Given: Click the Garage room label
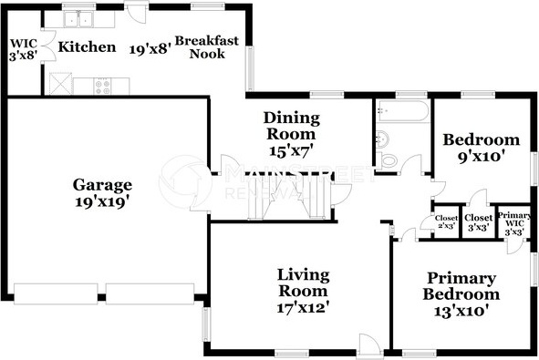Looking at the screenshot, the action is click(102, 185).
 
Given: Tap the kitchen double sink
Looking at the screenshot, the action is click(78, 19).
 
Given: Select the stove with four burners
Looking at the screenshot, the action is click(102, 87).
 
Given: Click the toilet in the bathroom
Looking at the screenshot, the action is click(387, 160).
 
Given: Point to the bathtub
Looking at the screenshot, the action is click(402, 110).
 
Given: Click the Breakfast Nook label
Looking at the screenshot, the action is click(207, 47).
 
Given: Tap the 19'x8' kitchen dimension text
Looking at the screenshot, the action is click(150, 49).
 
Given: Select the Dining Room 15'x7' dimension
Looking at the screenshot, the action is click(291, 150).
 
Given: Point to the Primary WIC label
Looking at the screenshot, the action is click(514, 223).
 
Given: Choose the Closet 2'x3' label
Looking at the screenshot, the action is click(446, 221).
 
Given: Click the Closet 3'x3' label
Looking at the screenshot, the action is click(478, 222).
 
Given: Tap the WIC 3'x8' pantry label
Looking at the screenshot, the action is click(24, 50).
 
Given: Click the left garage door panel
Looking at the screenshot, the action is click(56, 293).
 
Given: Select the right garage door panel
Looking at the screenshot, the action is click(150, 293).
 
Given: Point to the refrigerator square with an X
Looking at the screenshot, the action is click(60, 84).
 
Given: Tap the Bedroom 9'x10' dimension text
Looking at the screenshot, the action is click(482, 157).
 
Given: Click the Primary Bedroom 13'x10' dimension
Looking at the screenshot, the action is click(461, 311).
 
